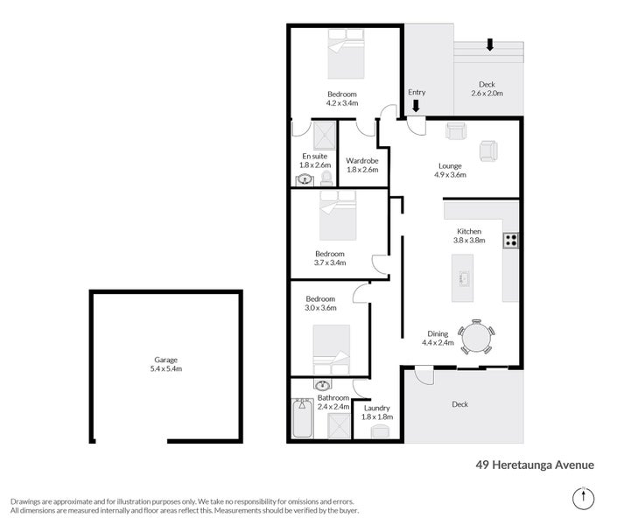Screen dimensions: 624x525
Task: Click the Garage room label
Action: (165, 360)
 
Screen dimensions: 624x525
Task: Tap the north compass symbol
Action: (584, 499)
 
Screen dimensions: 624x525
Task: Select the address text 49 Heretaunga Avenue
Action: (535, 465)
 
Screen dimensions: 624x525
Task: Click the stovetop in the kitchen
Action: (511, 241)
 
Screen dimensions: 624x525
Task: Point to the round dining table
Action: (476, 337)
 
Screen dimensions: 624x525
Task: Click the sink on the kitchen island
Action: (463, 277)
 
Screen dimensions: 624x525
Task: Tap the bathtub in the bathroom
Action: (303, 418)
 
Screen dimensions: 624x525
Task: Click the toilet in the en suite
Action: (326, 178)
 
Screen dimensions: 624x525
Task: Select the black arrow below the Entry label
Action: (416, 106)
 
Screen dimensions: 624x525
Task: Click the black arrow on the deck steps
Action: (490, 45)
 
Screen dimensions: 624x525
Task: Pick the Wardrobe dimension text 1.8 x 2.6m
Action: (362, 170)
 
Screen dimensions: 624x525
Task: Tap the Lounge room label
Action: (450, 166)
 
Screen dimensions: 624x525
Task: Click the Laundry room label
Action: (377, 408)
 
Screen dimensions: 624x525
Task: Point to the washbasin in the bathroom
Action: (322, 385)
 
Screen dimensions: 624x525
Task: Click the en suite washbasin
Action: (305, 180)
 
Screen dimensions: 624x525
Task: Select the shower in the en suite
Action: (325, 136)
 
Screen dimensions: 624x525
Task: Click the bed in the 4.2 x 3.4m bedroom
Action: (346, 53)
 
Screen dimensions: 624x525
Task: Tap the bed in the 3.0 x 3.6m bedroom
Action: (332, 350)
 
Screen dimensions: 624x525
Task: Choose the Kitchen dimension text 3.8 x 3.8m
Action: (469, 240)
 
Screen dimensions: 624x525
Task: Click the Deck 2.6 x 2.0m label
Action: (487, 88)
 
